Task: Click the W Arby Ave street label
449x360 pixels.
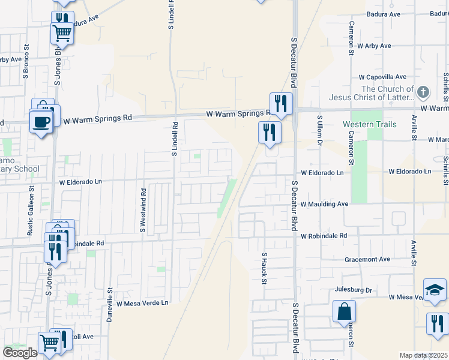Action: pyautogui.click(x=374, y=46)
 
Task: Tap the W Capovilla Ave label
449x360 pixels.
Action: pyautogui.click(x=382, y=77)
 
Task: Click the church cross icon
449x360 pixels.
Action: pyautogui.click(x=423, y=92)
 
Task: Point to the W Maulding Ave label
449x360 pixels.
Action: pyautogui.click(x=325, y=204)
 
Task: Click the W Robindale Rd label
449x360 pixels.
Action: pyautogui.click(x=324, y=236)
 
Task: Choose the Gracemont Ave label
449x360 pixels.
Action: pyautogui.click(x=367, y=259)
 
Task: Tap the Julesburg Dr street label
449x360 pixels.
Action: pyautogui.click(x=353, y=290)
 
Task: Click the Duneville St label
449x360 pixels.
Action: pyautogui.click(x=110, y=305)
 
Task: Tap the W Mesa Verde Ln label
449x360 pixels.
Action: pyautogui.click(x=143, y=303)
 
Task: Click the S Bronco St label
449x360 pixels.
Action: pyautogui.click(x=26, y=67)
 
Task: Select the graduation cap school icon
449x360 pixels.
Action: pyautogui.click(x=434, y=289)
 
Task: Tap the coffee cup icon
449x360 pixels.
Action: pyautogui.click(x=41, y=121)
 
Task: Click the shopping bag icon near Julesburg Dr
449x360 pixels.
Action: pyautogui.click(x=345, y=311)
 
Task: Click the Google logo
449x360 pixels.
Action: pyautogui.click(x=20, y=353)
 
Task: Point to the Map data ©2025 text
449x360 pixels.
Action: pyautogui.click(x=423, y=355)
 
